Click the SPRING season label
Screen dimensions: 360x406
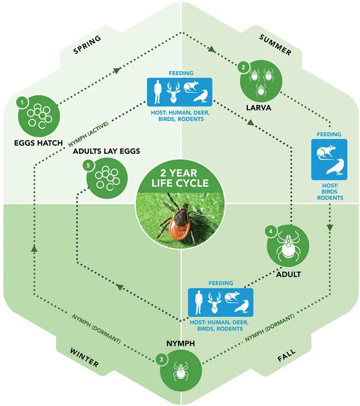87,44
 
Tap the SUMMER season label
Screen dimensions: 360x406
276,45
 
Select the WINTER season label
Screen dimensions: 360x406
84,358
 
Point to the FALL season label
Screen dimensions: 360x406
286,355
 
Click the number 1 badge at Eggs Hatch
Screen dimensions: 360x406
22,102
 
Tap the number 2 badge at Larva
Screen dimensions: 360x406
243,67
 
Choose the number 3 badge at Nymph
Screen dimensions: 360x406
162,360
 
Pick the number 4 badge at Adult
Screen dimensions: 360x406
271,231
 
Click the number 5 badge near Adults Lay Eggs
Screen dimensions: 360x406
88,165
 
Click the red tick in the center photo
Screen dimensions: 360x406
178,220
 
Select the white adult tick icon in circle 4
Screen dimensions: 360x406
288,246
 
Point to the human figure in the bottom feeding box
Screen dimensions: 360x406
198,303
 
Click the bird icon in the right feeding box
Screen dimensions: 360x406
336,168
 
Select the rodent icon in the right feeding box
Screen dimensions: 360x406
327,153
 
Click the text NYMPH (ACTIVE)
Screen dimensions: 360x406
88,134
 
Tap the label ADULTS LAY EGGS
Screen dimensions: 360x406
106,151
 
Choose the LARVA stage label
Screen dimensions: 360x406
258,108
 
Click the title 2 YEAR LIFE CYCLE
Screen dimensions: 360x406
180,178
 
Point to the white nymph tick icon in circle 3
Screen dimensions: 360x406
181,371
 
